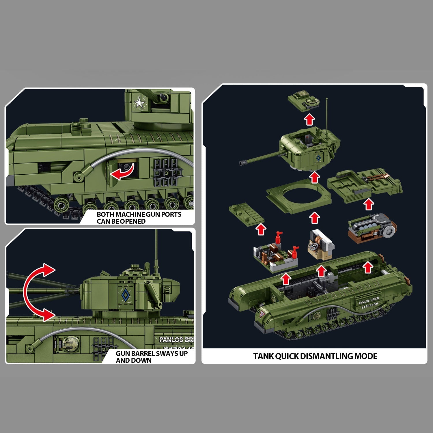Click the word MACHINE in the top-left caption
[130, 214]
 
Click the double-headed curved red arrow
[36, 292]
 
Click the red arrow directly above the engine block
[368, 205]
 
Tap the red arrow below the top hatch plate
[309, 119]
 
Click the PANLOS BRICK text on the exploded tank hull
[369, 301]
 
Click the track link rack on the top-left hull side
[166, 173]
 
